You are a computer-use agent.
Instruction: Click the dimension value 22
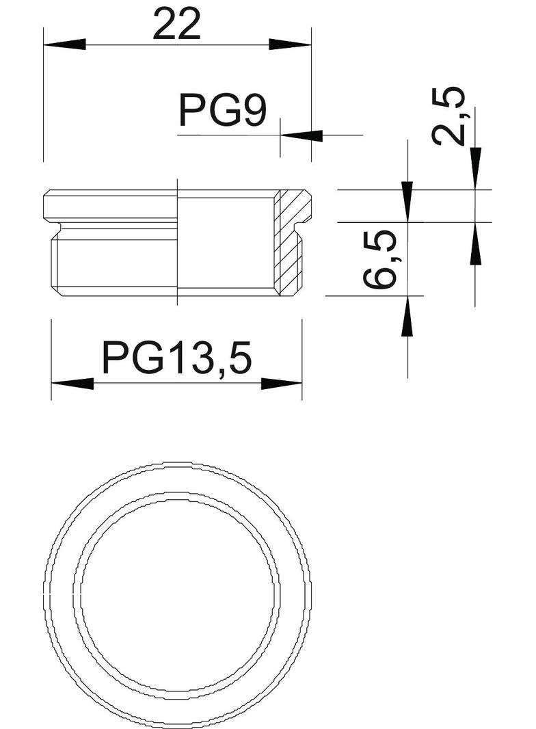click(x=176, y=25)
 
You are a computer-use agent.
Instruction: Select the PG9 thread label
click(x=223, y=110)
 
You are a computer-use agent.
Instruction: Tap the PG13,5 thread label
click(x=176, y=358)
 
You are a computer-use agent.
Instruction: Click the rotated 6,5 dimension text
click(x=379, y=259)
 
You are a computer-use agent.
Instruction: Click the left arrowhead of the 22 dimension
click(x=65, y=45)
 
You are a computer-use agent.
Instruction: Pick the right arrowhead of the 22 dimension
click(x=290, y=45)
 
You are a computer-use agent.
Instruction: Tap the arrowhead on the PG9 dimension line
click(x=301, y=135)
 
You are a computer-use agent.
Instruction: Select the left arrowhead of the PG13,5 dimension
click(x=72, y=384)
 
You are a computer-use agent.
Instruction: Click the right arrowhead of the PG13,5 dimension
click(x=282, y=384)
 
